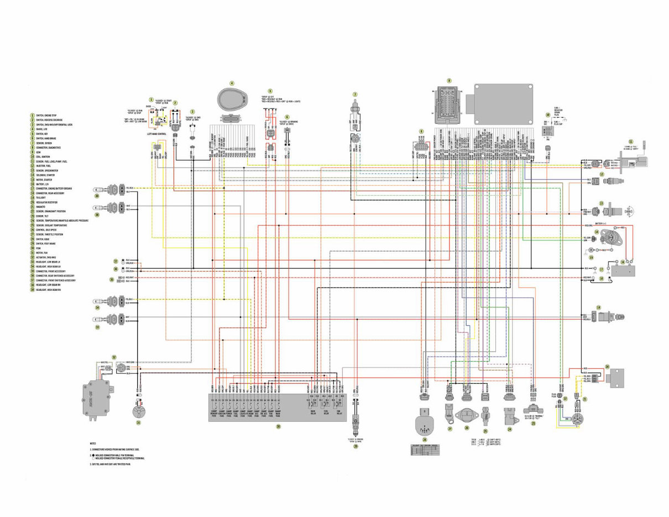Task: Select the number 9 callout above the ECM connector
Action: pyautogui.click(x=449, y=81)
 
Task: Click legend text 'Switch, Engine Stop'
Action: pyautogui.click(x=46, y=115)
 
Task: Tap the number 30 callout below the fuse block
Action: pyautogui.click(x=278, y=426)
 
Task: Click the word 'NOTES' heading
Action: pyautogui.click(x=93, y=443)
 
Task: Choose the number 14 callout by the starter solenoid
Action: pyautogui.click(x=597, y=232)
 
